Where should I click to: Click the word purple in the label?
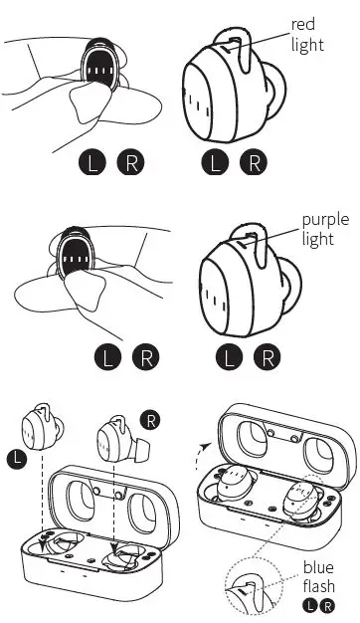coord(324,220)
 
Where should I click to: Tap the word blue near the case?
coord(319,568)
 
